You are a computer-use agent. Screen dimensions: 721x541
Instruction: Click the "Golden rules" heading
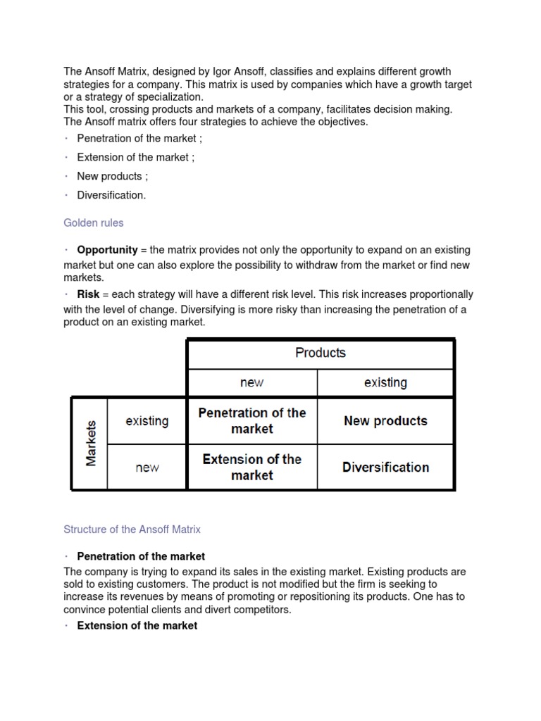tap(93, 222)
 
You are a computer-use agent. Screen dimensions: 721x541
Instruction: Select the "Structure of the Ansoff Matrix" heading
tap(132, 529)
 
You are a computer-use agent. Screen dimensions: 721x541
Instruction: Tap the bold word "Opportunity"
tap(107, 250)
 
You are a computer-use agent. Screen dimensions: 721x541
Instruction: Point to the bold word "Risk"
tap(88, 294)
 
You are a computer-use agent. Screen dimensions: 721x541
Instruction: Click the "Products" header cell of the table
tap(321, 353)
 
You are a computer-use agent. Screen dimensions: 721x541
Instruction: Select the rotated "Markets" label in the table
tap(91, 444)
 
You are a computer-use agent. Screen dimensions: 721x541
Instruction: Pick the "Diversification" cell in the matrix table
tap(385, 467)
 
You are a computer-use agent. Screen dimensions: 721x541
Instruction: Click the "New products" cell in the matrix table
tap(385, 421)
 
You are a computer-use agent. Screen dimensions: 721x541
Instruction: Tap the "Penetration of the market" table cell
tap(252, 421)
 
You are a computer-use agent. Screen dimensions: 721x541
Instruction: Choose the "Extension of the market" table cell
tap(252, 467)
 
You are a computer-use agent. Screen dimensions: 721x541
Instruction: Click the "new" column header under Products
tap(251, 382)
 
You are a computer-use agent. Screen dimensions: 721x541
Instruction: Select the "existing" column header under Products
tap(385, 382)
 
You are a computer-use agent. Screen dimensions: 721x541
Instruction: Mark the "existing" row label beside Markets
tap(147, 421)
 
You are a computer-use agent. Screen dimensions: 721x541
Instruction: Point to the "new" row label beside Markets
tap(147, 468)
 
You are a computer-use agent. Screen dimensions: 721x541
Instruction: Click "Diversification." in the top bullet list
tap(111, 195)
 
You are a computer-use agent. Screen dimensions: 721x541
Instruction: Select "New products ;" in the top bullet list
tap(112, 176)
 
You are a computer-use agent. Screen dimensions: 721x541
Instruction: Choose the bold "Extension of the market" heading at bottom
tap(137, 625)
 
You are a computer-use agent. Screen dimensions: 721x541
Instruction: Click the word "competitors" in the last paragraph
tap(261, 610)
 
